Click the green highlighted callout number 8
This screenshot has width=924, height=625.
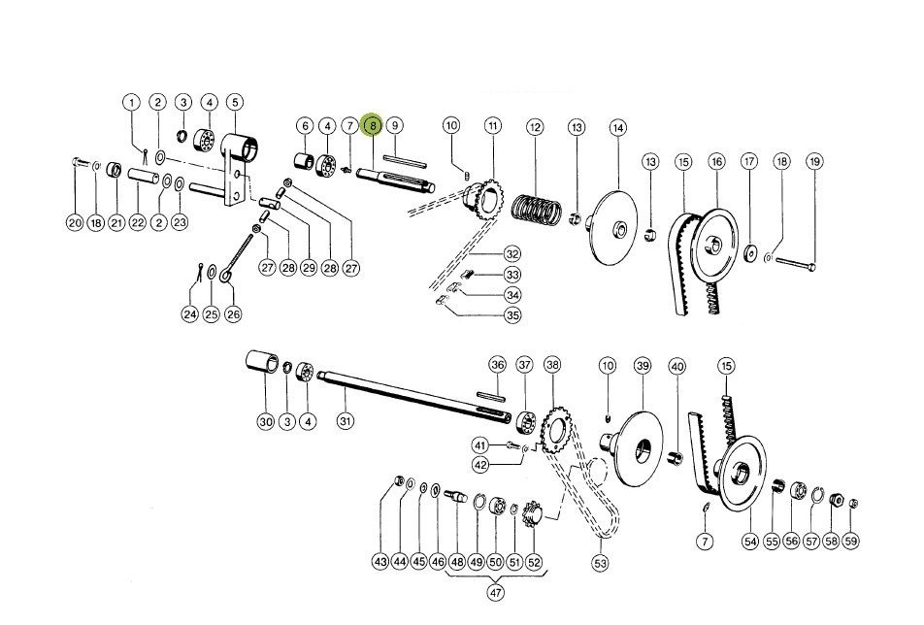coord(372,126)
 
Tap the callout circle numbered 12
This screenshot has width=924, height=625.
coord(533,127)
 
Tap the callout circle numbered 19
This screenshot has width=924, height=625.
coord(813,160)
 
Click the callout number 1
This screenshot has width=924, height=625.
coord(132,102)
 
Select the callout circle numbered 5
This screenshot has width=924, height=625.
coord(235,102)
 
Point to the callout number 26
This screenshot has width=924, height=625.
coord(232,314)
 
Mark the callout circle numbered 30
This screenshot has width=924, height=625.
coord(266,422)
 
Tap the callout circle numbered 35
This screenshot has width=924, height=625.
coord(512,314)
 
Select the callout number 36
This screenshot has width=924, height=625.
coord(498,365)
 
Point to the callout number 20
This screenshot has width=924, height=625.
coord(75,223)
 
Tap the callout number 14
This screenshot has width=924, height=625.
coord(618,127)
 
